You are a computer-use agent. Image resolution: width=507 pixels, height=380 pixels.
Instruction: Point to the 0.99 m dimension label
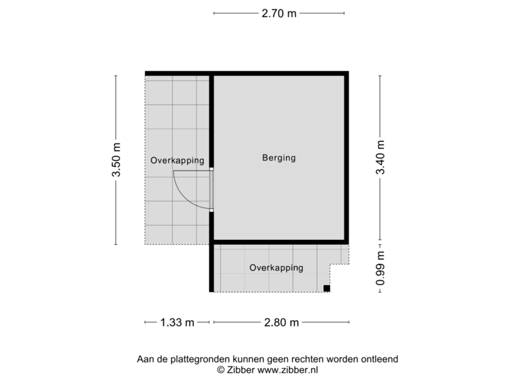380,267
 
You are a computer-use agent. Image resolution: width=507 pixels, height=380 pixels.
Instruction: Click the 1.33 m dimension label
177,322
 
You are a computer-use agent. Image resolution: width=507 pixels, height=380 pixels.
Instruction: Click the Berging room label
278,158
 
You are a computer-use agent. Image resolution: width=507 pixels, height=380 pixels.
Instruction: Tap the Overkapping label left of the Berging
177,160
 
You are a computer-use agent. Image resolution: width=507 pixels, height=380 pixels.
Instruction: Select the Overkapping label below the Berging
276,267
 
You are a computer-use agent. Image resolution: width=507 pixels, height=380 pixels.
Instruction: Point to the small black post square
327,287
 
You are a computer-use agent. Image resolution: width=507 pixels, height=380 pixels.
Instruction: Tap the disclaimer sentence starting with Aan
268,359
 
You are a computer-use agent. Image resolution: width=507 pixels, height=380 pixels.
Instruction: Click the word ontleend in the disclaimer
380,359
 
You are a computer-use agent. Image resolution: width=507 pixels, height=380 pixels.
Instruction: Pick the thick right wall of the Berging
348,158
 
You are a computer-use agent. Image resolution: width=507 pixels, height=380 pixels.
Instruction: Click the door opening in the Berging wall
211,190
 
